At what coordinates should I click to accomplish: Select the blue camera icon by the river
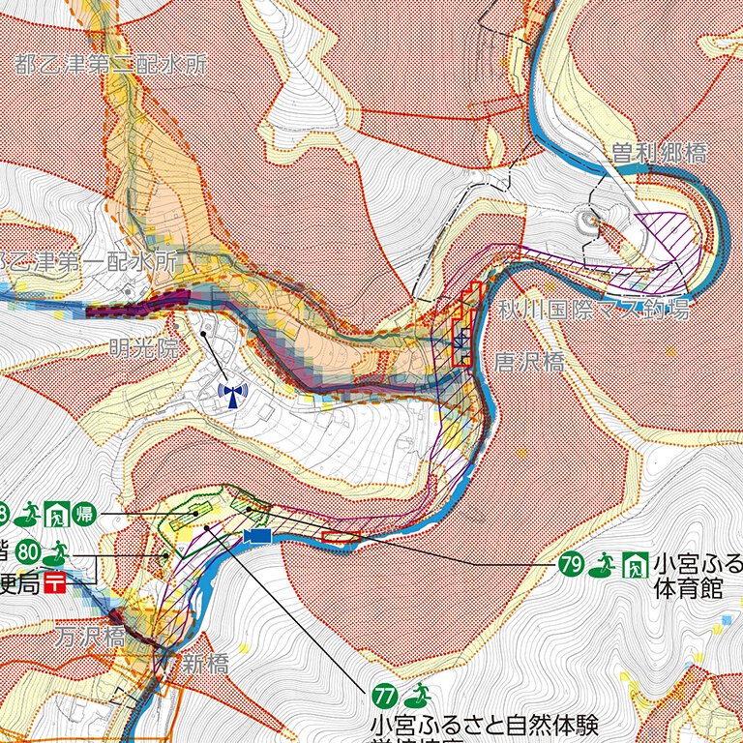coord(257,536)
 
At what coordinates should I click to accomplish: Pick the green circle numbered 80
coord(27,551)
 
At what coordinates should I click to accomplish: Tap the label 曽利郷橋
coord(658,153)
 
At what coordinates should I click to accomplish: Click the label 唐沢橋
coord(529,363)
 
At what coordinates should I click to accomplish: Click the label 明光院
coord(143,348)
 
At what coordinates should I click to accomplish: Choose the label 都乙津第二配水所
coord(111,65)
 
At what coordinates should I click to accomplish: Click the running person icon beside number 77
coord(417,694)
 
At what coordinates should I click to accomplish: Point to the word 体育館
coord(688,588)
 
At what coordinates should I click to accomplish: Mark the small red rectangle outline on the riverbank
coord(340,536)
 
